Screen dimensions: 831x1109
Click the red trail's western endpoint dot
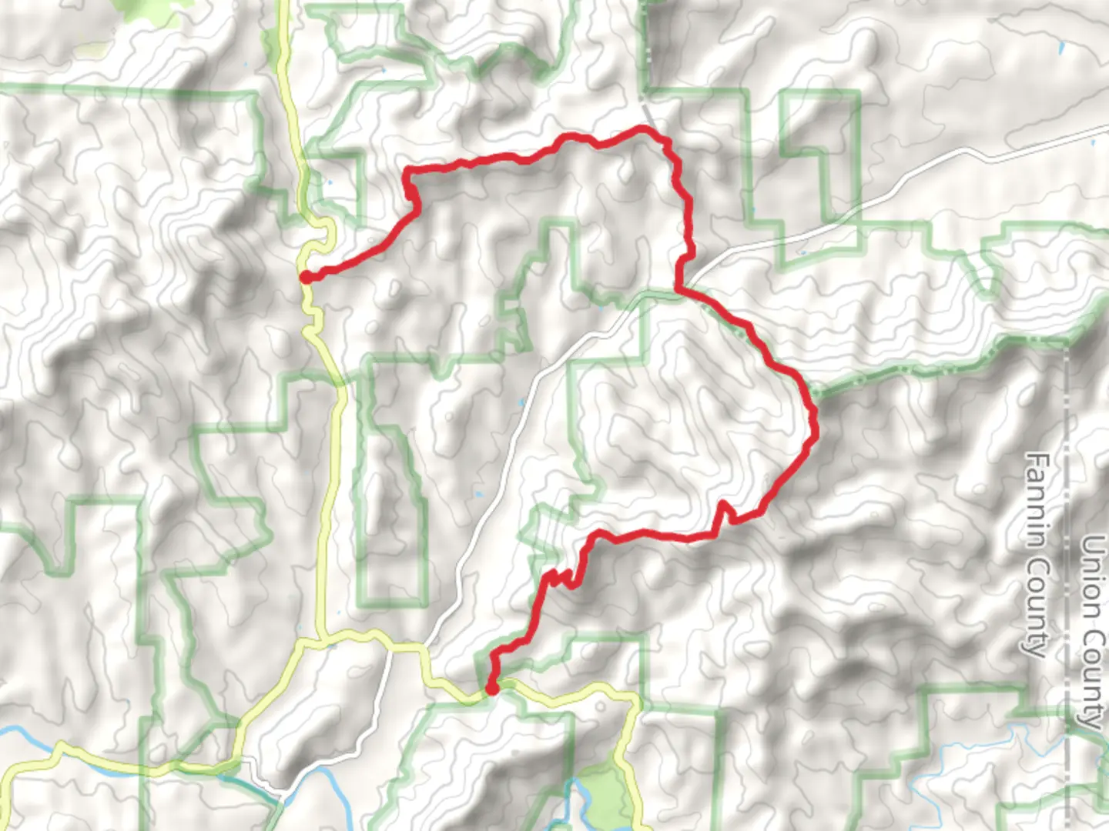[306, 277]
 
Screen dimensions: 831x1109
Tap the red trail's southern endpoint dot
[491, 688]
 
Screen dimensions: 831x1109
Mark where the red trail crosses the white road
[681, 289]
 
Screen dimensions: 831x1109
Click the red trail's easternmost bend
[813, 419]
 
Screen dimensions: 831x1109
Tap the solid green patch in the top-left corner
[146, 12]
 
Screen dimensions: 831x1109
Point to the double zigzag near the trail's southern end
[562, 579]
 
